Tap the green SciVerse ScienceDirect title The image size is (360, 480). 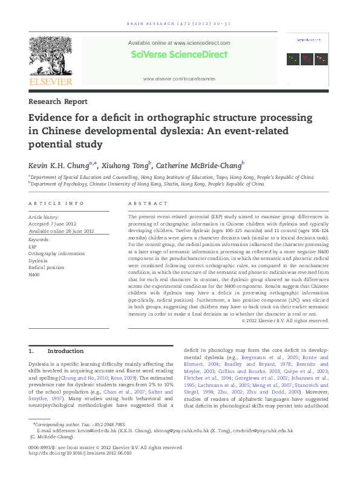(x=178, y=54)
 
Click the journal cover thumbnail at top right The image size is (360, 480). (x=307, y=59)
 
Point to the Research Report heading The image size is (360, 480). (x=58, y=102)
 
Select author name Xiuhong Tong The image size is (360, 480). (x=131, y=165)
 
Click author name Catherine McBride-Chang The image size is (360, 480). (x=202, y=165)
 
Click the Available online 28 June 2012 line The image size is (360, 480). (x=61, y=231)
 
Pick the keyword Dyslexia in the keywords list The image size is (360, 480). (x=38, y=261)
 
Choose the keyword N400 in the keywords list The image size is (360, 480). (x=34, y=275)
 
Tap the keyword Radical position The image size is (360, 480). (x=45, y=268)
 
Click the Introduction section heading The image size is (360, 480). (x=65, y=351)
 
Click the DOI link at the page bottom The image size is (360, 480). (x=79, y=454)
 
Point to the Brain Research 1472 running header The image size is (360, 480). (x=178, y=25)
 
